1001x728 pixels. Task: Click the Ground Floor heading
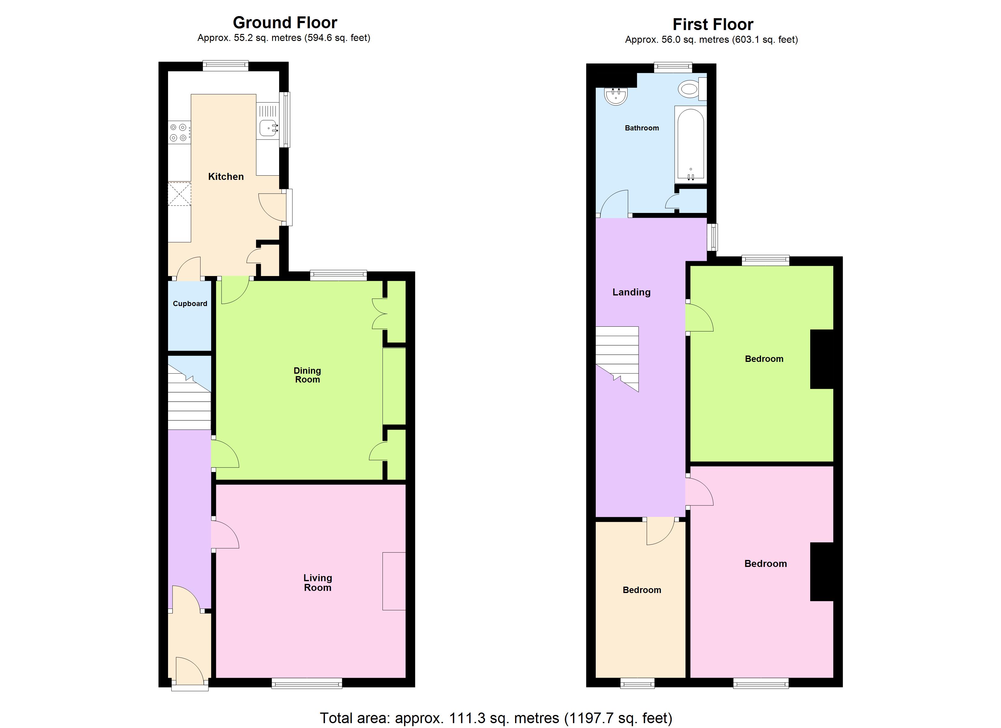285,22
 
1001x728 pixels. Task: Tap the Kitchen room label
226,177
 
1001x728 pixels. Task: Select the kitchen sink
268,128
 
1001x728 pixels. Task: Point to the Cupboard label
190,304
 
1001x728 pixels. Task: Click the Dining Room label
307,375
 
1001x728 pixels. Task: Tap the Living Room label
317,582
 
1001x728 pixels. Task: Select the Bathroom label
642,128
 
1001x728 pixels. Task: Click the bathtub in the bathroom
691,144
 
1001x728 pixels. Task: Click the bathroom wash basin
616,96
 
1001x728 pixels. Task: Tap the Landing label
631,292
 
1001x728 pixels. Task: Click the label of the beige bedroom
642,590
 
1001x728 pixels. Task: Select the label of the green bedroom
764,359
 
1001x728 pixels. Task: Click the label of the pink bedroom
765,564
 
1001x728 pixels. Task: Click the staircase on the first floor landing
617,358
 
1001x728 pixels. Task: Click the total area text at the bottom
496,718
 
